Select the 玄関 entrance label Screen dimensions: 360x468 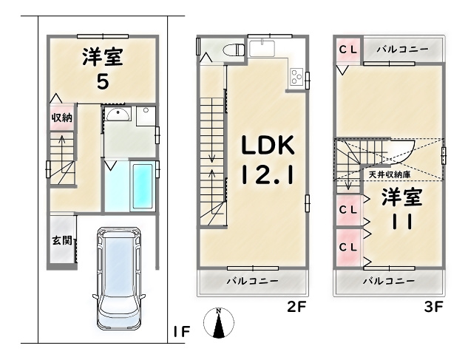(61, 240)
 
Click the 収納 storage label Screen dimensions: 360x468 (61, 118)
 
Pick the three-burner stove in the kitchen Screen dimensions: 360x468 (296, 77)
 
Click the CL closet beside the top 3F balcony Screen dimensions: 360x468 (348, 49)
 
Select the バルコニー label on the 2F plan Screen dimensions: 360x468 (252, 282)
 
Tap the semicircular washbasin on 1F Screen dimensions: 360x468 (118, 115)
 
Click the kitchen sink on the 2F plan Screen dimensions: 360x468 (262, 48)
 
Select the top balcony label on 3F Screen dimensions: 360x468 (403, 49)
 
